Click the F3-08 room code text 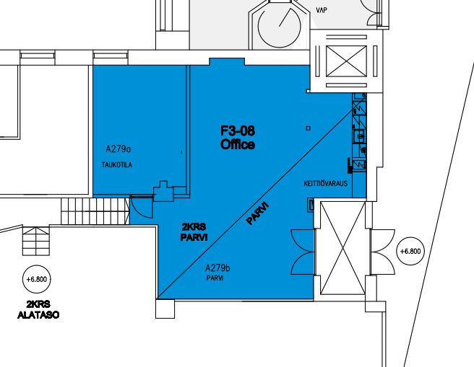pyautogui.click(x=238, y=131)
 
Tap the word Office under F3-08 pyautogui.click(x=238, y=144)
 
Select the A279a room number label pyautogui.click(x=118, y=149)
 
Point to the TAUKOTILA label pyautogui.click(x=117, y=164)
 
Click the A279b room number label pyautogui.click(x=217, y=267)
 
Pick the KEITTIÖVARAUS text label pyautogui.click(x=326, y=183)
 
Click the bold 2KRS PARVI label pyautogui.click(x=194, y=232)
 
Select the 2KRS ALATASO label pyautogui.click(x=38, y=309)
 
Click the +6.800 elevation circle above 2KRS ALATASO pyautogui.click(x=37, y=279)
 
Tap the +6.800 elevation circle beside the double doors pyautogui.click(x=410, y=251)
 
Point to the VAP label pyautogui.click(x=322, y=10)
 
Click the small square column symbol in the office pyautogui.click(x=308, y=128)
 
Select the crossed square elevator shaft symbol pyautogui.click(x=346, y=61)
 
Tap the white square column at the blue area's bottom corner pyautogui.click(x=165, y=309)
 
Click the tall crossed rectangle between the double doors pyautogui.click(x=342, y=248)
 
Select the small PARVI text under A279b pyautogui.click(x=215, y=278)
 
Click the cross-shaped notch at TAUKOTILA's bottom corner pyautogui.click(x=163, y=191)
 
